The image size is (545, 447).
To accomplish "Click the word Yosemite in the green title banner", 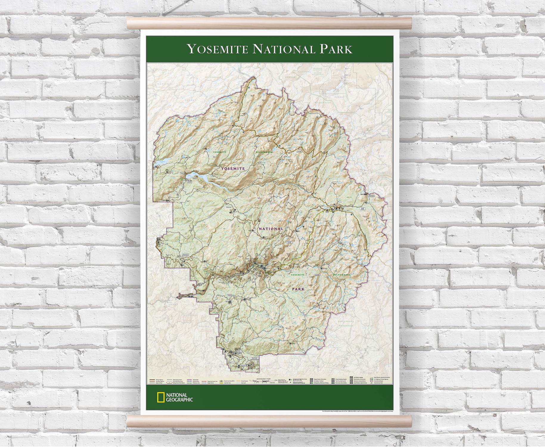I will [218, 49].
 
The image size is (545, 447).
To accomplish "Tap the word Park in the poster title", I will [336, 49].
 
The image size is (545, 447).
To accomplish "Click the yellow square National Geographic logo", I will [161, 398].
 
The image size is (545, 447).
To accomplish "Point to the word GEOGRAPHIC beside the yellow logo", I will [179, 400].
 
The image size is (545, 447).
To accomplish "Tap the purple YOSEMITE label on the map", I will [233, 169].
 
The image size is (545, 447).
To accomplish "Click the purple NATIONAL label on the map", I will [271, 229].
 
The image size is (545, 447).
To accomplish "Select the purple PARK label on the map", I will [298, 289].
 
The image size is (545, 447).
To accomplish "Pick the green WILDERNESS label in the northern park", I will [264, 152].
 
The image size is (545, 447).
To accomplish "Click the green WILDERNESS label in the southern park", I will [342, 274].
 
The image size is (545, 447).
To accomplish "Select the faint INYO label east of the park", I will [381, 156].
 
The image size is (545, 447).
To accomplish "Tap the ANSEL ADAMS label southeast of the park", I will [346, 322].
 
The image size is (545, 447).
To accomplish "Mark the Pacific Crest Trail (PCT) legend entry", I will [229, 381].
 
